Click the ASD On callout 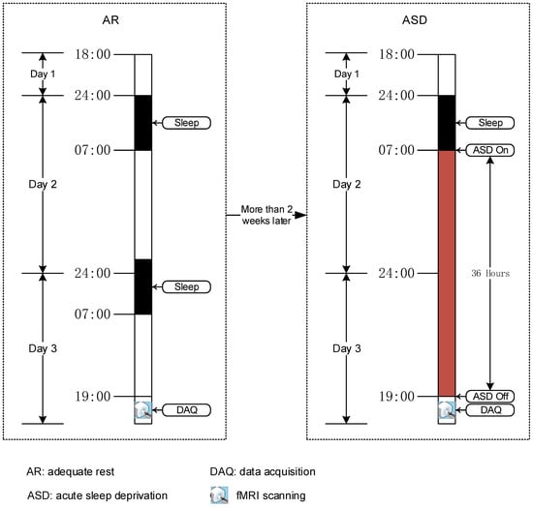pyautogui.click(x=488, y=150)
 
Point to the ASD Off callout pyautogui.click(x=488, y=397)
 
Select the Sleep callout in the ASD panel pyautogui.click(x=488, y=123)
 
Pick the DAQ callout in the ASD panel pyautogui.click(x=488, y=411)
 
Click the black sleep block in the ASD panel pyautogui.click(x=447, y=123)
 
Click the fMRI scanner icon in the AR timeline pyautogui.click(x=142, y=411)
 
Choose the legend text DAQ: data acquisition pyautogui.click(x=265, y=470)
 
